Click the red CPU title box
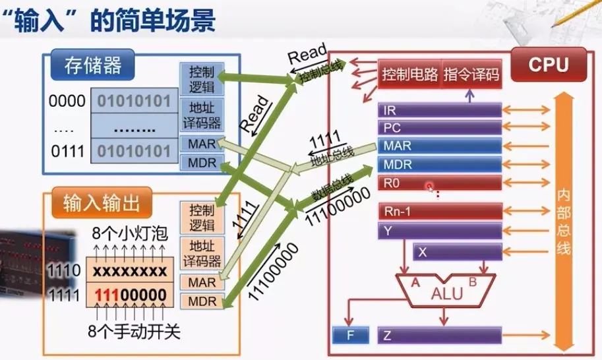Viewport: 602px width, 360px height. [548, 65]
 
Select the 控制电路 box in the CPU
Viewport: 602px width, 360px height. [409, 75]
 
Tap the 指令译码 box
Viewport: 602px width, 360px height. [471, 75]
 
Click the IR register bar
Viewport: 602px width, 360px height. [439, 110]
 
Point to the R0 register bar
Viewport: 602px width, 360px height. [439, 182]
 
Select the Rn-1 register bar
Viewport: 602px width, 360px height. [439, 212]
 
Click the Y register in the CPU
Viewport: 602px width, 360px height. [439, 231]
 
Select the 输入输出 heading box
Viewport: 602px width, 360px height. [102, 203]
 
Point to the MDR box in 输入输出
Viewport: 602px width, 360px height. [202, 301]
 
